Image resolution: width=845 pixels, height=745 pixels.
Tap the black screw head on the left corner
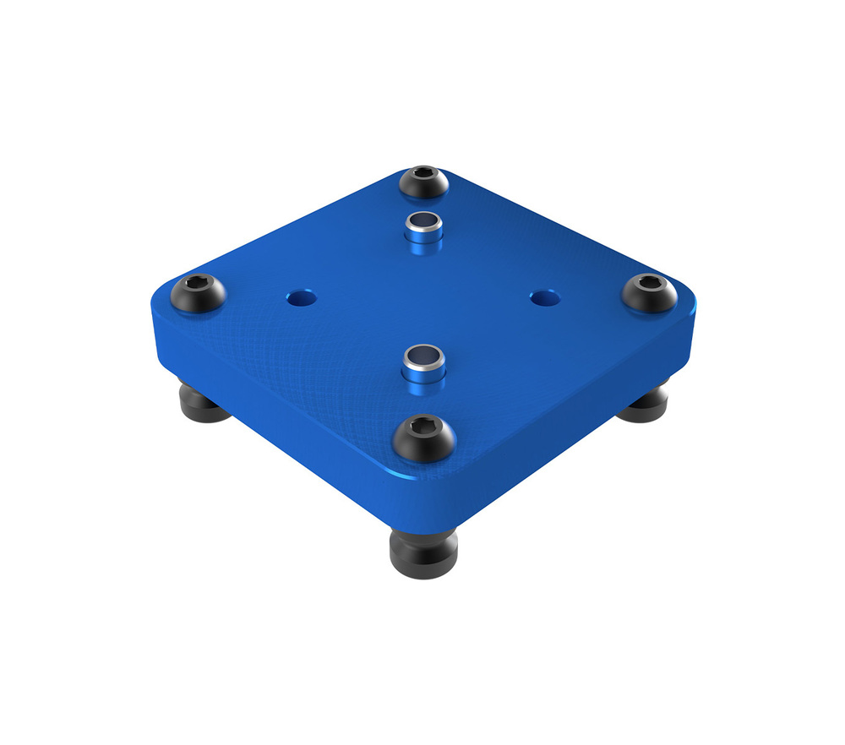(x=199, y=293)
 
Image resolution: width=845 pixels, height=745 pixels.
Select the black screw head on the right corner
(x=649, y=292)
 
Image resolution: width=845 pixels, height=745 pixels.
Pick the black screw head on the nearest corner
(x=425, y=438)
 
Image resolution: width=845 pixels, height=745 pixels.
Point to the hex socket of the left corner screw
(x=196, y=285)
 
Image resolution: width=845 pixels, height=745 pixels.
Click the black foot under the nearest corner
(x=422, y=549)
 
